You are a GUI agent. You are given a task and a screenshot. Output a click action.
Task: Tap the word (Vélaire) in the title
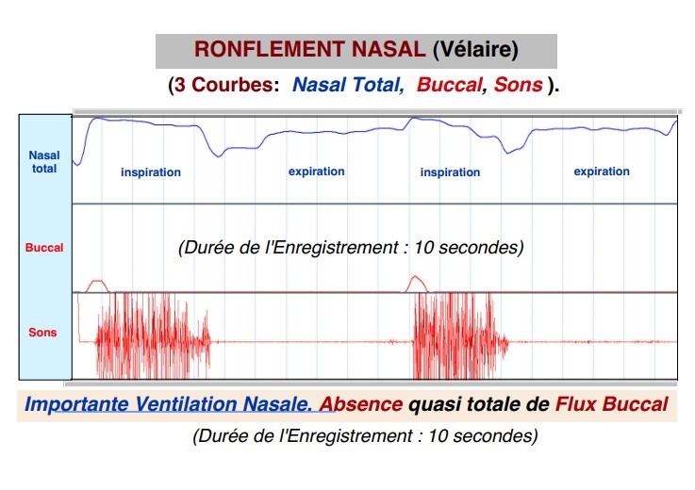(475, 50)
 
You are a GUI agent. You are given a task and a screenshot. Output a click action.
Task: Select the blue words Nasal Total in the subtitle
(348, 84)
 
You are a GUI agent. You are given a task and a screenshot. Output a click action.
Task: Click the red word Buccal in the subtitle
(450, 84)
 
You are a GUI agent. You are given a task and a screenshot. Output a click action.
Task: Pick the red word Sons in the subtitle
(518, 84)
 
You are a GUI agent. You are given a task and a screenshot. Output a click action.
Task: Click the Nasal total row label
(44, 162)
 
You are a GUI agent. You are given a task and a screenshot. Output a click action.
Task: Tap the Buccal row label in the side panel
(44, 247)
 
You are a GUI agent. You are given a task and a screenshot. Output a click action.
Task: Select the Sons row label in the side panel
(42, 333)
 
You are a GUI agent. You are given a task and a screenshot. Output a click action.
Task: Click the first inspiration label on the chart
(151, 172)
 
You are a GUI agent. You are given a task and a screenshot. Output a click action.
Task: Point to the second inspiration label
(451, 172)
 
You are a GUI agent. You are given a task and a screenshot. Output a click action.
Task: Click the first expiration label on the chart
(317, 171)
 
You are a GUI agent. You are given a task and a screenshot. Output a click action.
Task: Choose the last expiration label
(602, 171)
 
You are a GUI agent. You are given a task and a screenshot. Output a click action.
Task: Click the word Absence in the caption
(361, 404)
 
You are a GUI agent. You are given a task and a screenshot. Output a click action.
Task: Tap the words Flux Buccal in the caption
(612, 404)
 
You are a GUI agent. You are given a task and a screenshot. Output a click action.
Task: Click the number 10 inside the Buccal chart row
(423, 247)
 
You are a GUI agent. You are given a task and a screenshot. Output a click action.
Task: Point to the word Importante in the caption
(76, 404)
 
